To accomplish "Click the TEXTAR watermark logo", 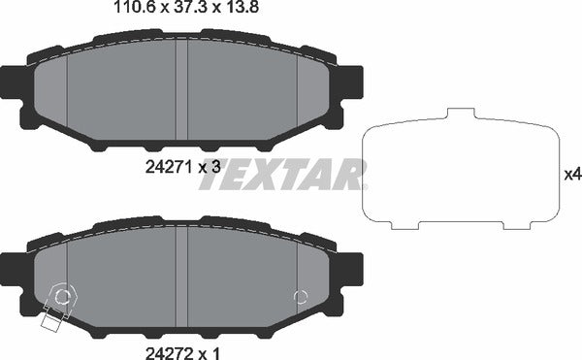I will point(282,175).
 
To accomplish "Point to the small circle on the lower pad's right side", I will point(301,297).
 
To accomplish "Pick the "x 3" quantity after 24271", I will point(210,167).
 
